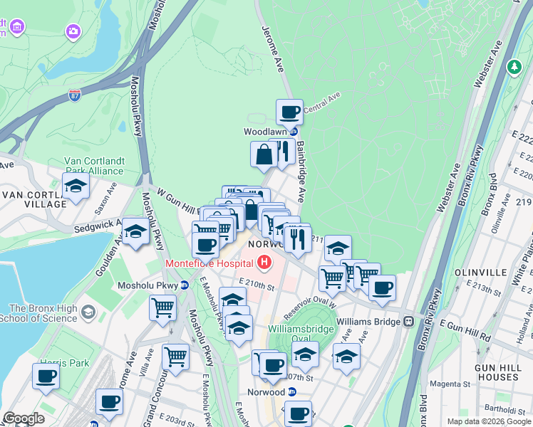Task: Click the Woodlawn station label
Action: pos(265,132)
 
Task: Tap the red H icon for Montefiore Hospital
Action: pos(265,263)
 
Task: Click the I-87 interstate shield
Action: pos(76,93)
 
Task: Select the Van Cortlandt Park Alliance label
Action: pos(94,166)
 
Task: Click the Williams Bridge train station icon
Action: pos(409,321)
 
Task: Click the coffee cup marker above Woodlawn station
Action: pos(289,112)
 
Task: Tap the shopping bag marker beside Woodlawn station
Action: pos(264,154)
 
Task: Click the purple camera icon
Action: pos(73,31)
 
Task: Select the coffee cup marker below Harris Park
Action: pos(46,376)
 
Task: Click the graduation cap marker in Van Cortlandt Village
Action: pos(76,186)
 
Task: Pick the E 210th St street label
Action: pos(257,286)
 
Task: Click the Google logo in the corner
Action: pos(24,418)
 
